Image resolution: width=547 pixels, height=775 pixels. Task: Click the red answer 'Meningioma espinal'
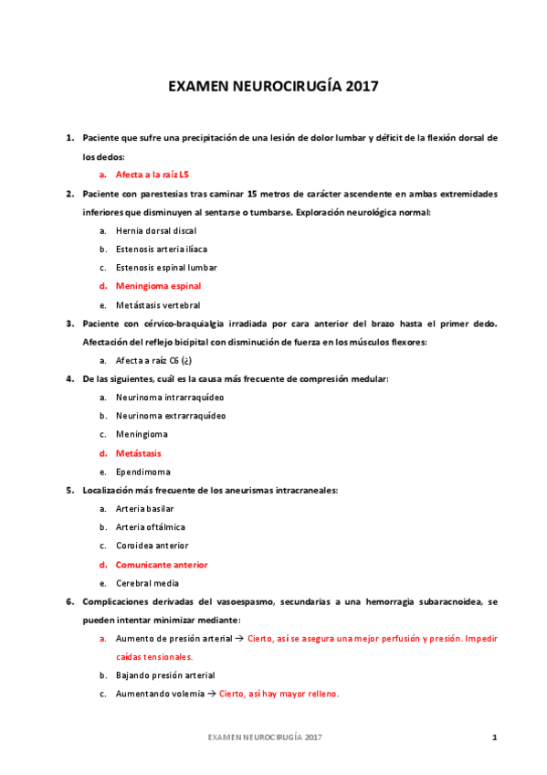(158, 286)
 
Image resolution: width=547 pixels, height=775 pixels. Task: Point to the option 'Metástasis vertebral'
(157, 304)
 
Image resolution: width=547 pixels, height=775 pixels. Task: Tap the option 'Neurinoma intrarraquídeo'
(170, 398)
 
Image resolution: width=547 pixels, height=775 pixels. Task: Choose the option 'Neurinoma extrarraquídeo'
(171, 416)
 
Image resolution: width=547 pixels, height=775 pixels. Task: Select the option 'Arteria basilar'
(144, 508)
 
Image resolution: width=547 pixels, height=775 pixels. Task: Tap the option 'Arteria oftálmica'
(150, 527)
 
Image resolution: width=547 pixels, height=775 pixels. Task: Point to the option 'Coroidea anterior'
(152, 546)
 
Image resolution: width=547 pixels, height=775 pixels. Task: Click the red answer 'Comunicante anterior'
(161, 565)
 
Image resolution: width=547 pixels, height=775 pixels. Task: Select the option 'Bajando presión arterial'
(164, 675)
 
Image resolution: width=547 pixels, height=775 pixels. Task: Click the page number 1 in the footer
(494, 737)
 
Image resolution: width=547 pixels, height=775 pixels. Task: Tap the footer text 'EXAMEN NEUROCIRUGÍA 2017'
(264, 737)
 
